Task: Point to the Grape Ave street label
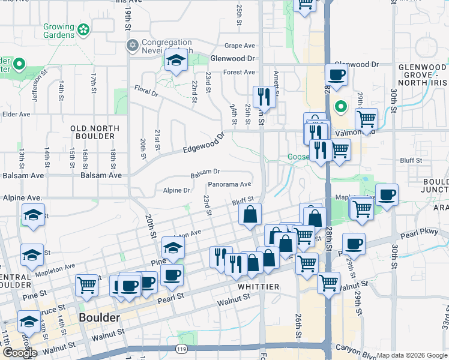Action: point(240,46)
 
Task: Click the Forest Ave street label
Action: point(239,73)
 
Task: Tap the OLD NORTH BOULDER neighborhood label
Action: point(95,132)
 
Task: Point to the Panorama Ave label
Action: point(229,185)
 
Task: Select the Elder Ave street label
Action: point(16,114)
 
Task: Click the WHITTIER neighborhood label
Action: point(258,287)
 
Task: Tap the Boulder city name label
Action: point(99,317)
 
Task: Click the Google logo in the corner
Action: point(20,353)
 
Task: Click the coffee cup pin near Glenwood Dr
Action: point(336,75)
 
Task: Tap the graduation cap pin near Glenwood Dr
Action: point(176,61)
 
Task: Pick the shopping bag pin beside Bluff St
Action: point(250,214)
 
